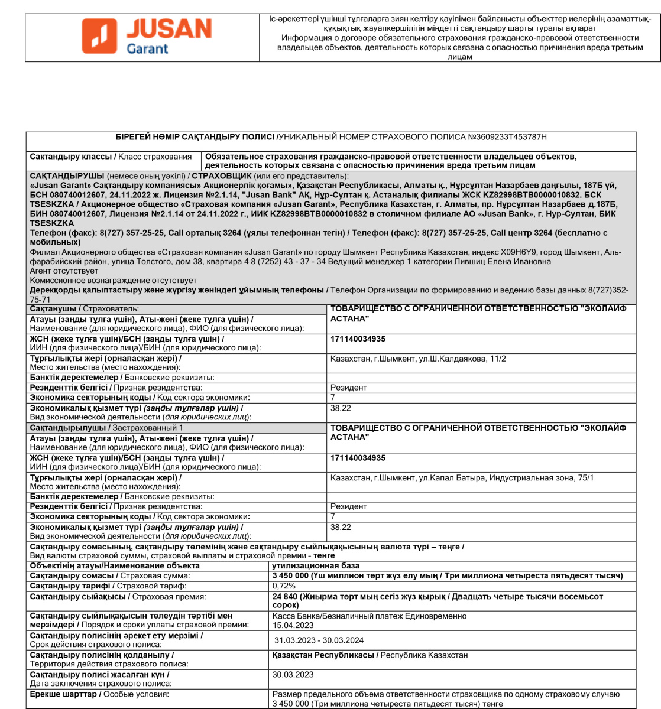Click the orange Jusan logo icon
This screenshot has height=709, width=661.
click(99, 35)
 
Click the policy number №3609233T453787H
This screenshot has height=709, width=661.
click(507, 137)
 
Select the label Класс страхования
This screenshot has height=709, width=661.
click(155, 157)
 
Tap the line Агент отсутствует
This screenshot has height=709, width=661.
click(64, 271)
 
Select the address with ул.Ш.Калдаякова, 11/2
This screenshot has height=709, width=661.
click(418, 359)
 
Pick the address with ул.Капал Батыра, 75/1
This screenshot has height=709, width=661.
click(462, 477)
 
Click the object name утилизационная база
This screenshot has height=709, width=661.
click(316, 565)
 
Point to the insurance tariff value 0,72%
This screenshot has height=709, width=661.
click(284, 586)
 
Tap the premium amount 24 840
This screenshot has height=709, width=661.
click(287, 597)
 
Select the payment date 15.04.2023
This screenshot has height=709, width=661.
click(293, 625)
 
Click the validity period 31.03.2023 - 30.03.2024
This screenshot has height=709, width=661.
click(319, 640)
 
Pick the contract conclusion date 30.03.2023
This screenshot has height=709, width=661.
click(293, 674)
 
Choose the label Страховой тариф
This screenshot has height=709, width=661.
click(151, 586)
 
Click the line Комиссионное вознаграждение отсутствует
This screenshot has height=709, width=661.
click(114, 280)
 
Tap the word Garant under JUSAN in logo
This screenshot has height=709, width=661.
click(148, 48)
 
